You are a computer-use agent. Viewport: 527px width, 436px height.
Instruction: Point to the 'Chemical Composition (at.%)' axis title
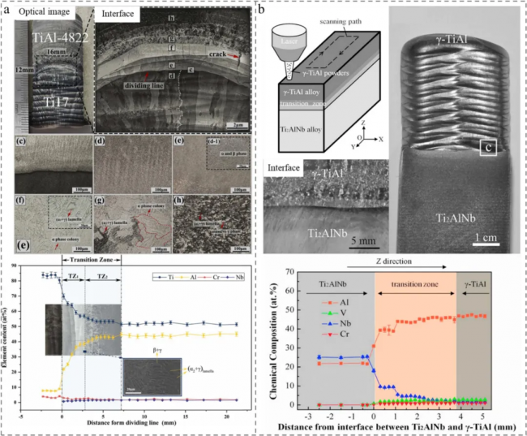click(x=272, y=345)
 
